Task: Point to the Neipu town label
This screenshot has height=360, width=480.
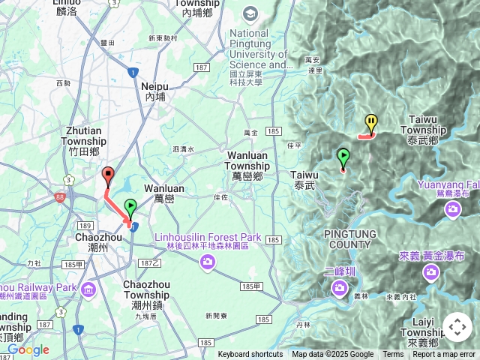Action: click(155, 91)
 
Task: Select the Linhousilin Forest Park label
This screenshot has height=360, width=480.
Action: click(208, 241)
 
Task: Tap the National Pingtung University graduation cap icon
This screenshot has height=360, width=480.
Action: click(250, 13)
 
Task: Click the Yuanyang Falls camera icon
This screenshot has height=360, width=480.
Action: click(452, 209)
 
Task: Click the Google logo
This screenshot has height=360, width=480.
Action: click(28, 350)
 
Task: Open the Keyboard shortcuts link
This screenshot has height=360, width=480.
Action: click(250, 355)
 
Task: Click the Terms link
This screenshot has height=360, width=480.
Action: click(393, 355)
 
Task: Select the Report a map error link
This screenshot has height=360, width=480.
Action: click(444, 355)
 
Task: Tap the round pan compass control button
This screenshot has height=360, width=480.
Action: click(457, 327)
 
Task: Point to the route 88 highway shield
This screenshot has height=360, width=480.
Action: click(59, 198)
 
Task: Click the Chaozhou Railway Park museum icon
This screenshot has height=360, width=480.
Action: click(88, 289)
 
